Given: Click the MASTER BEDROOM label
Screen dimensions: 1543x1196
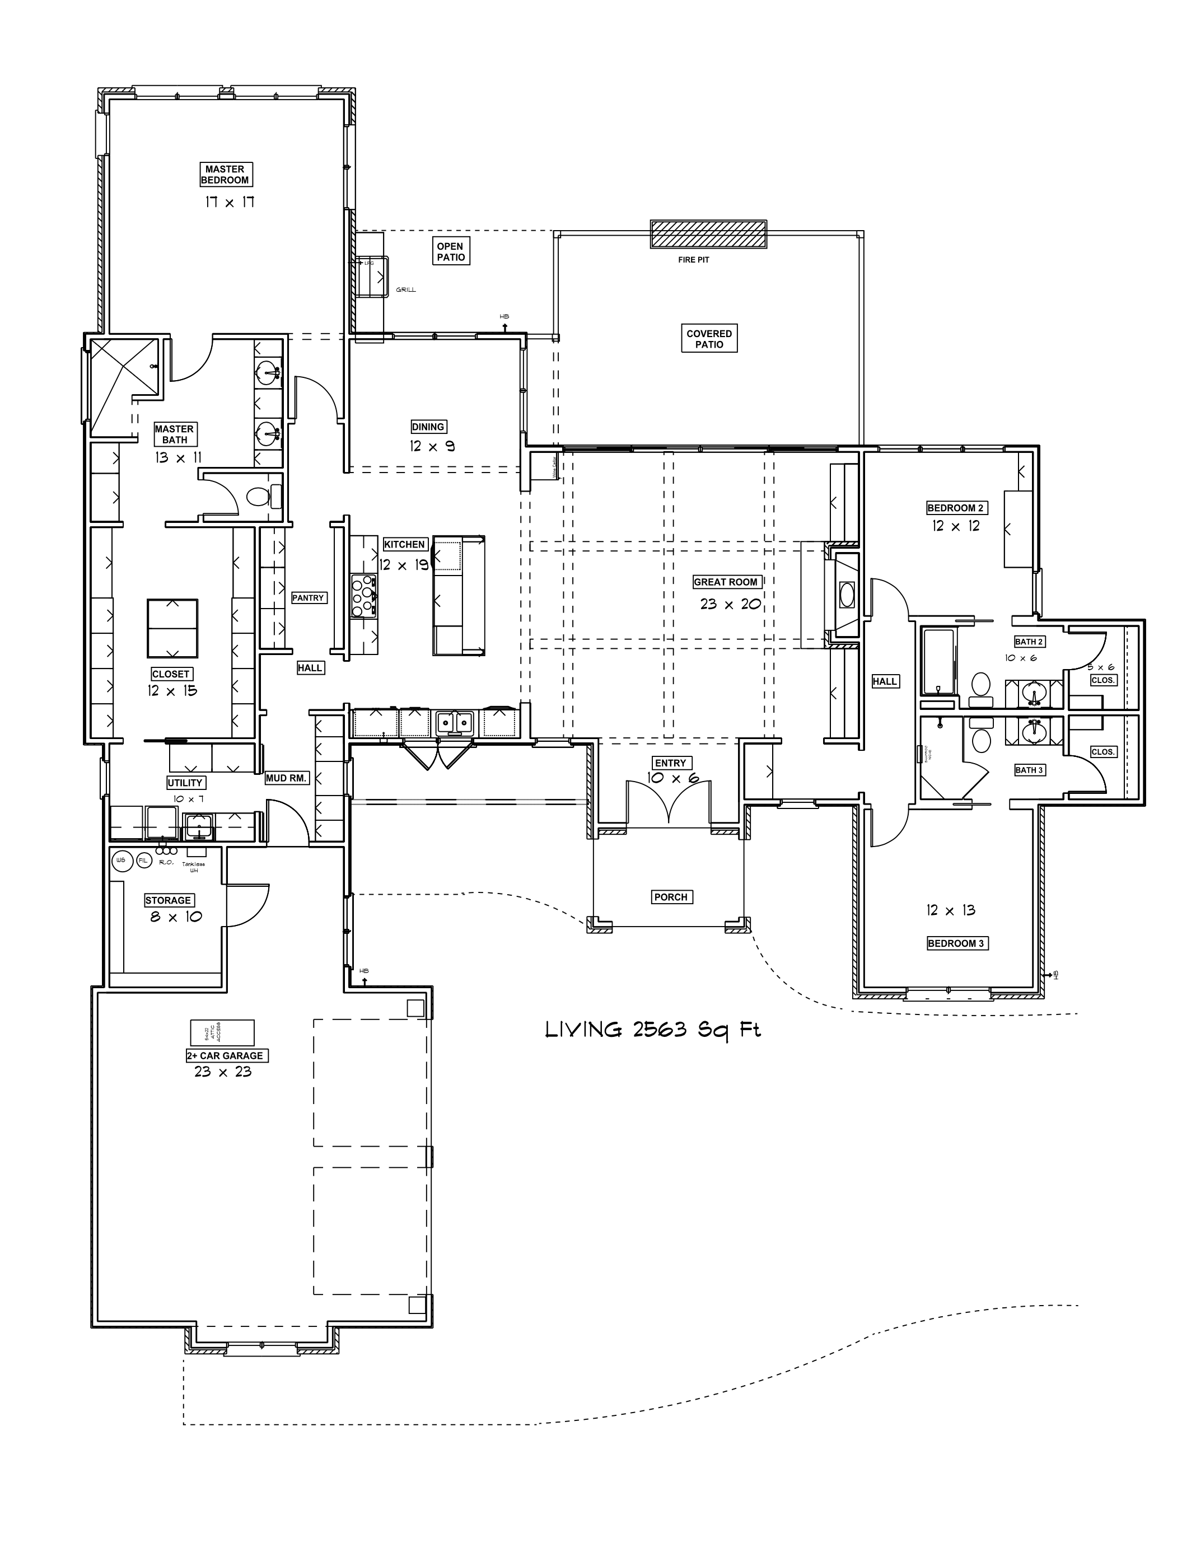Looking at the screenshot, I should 225,175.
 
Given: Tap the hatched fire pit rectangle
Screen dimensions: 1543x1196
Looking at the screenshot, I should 708,234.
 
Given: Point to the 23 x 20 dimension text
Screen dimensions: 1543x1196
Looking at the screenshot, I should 730,604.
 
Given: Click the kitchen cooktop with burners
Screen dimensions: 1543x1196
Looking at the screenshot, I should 365,596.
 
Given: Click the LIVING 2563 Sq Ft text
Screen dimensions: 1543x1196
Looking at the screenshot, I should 652,1030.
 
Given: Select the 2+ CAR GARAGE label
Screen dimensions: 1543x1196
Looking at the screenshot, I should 225,1055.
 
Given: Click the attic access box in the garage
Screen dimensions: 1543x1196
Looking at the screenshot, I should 222,1032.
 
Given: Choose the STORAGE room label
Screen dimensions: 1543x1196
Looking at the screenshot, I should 168,900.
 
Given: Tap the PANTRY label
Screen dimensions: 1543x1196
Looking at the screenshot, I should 308,598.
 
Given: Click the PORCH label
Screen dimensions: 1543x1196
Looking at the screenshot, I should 670,897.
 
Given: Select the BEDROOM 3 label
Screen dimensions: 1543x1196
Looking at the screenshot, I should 955,943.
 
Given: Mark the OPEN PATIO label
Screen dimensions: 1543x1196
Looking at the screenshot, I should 450,251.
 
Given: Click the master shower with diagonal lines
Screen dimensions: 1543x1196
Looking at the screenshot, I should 125,380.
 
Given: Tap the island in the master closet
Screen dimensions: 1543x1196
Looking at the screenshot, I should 172,628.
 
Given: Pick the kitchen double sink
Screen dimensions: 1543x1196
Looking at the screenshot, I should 454,723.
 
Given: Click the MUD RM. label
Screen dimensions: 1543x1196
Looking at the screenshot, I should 286,778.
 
